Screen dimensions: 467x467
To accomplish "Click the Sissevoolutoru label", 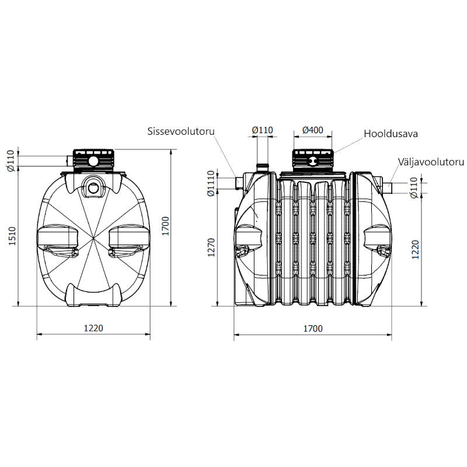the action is (x=181, y=131).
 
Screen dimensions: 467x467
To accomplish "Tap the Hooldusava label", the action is (x=391, y=134).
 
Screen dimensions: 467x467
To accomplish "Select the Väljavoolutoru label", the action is (x=431, y=162).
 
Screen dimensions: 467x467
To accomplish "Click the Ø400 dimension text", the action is (x=312, y=130).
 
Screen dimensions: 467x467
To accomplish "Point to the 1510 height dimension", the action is (x=12, y=236).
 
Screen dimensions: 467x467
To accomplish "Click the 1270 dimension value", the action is (x=211, y=247).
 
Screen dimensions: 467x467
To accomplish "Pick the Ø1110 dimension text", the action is (x=211, y=183).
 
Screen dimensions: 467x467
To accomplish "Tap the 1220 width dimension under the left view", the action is (x=93, y=328).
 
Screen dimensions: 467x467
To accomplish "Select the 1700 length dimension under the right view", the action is (x=313, y=328).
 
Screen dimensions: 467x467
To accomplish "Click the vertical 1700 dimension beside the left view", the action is (x=165, y=226).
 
